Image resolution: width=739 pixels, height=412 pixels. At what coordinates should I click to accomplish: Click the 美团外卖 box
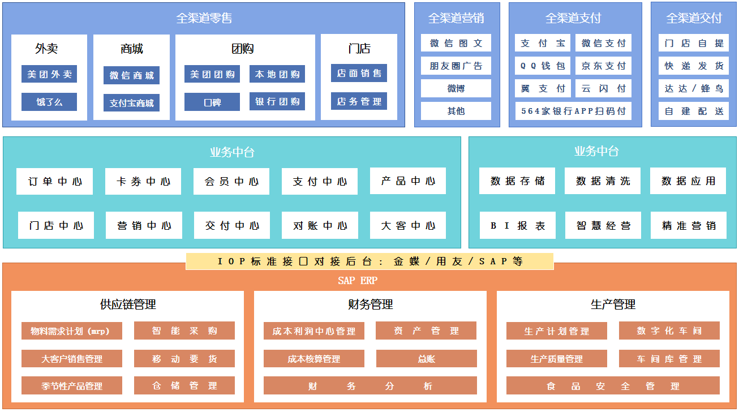(49, 74)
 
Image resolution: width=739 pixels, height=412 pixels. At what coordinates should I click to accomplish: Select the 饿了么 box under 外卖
(49, 102)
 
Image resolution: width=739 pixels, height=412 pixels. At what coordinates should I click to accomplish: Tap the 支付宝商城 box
(131, 103)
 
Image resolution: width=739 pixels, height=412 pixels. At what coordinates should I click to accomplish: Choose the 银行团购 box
(277, 102)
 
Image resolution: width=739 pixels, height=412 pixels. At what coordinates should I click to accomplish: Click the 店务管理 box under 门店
(359, 101)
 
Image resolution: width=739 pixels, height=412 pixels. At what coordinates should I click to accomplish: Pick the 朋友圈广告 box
(456, 66)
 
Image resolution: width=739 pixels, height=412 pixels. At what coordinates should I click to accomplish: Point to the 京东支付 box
(603, 66)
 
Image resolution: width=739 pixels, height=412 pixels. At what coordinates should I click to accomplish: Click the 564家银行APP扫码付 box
(573, 111)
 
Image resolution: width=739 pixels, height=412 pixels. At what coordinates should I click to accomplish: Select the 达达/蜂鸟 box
(694, 88)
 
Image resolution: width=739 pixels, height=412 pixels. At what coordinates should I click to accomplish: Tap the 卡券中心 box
(143, 182)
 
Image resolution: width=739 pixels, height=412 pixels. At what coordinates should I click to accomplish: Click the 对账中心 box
(320, 226)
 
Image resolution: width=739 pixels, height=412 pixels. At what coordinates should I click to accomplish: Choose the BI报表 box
(518, 226)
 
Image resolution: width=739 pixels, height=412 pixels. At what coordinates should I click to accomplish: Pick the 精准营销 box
(689, 226)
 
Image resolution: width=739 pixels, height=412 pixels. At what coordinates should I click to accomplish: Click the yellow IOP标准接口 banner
(369, 261)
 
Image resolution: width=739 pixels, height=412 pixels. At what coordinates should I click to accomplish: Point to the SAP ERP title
(358, 281)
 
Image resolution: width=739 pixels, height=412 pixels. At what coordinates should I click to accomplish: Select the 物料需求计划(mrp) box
(72, 331)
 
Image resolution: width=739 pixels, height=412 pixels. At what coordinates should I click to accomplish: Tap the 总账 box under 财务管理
(427, 359)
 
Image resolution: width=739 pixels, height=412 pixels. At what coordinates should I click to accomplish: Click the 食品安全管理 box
(613, 386)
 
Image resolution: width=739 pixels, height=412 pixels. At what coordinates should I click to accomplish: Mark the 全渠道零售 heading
(204, 18)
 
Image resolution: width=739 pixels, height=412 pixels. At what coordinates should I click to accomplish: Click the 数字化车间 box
(669, 331)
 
